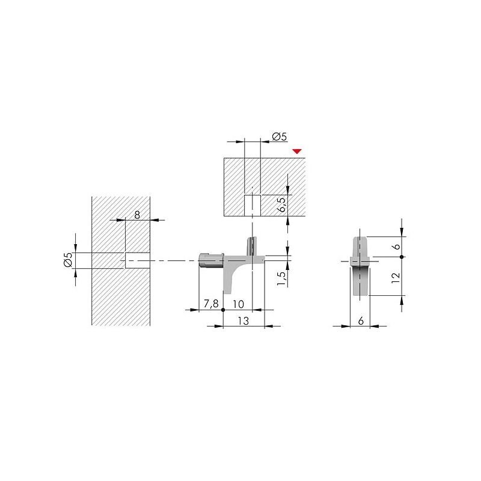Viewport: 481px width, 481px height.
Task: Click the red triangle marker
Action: tap(297, 151)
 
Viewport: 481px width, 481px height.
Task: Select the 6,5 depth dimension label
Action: tap(281, 204)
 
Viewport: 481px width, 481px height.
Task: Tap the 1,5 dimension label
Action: tap(281, 278)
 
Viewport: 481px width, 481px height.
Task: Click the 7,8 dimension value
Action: tap(211, 304)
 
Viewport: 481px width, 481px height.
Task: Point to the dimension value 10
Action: tap(238, 304)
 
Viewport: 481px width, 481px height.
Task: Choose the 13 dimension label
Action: tap(244, 321)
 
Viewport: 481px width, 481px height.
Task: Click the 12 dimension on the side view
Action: tap(396, 278)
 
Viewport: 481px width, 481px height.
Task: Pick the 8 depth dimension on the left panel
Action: tap(137, 215)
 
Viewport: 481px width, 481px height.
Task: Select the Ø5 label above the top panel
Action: tap(279, 136)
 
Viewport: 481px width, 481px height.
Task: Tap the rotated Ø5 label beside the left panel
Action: tap(68, 259)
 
